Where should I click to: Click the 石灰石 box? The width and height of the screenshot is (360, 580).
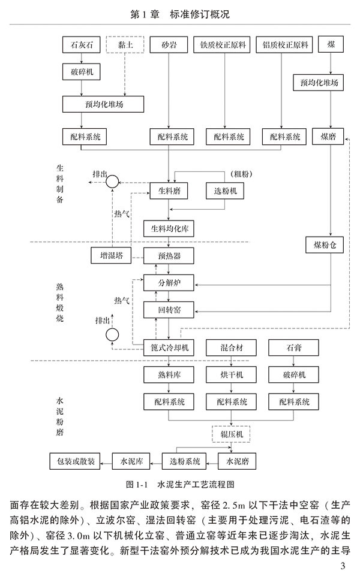point(81,45)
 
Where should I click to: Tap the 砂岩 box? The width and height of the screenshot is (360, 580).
point(169,45)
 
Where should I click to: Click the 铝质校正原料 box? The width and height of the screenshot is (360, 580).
point(285,45)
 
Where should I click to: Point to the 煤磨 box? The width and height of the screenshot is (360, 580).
point(332,137)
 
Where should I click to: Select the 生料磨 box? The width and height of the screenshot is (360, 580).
point(169,191)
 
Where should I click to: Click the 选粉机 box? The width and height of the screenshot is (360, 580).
point(226,191)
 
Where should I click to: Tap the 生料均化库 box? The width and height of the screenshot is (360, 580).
point(169,228)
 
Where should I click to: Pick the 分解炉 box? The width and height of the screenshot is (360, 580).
point(169,282)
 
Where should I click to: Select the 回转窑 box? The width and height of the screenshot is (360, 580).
point(169,310)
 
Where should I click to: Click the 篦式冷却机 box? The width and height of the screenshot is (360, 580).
point(169,348)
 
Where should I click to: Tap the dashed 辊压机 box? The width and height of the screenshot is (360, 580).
point(231,433)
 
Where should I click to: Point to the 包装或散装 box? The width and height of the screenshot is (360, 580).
point(73,461)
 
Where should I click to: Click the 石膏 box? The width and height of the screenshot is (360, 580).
point(293,348)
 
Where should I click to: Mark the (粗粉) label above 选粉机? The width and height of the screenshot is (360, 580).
point(239,174)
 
